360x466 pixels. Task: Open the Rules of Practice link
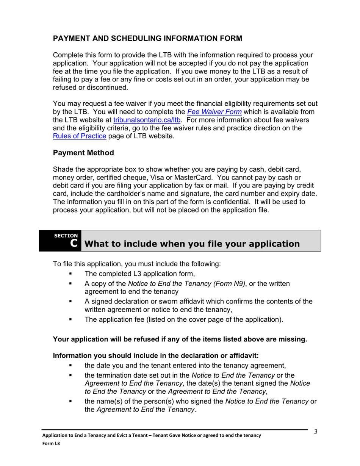[x=80, y=136]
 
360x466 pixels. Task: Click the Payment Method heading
[x=83, y=153]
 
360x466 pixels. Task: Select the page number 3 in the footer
[x=315, y=432]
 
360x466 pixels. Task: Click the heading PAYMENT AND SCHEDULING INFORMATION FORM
[x=147, y=39]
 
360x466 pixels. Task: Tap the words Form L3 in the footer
[x=51, y=443]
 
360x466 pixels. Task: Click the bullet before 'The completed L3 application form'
[x=69, y=274]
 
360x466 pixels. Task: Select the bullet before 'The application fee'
[x=69, y=319]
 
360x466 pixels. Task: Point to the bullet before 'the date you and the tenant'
[x=69, y=366]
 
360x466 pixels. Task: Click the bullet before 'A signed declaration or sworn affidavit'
[x=69, y=302]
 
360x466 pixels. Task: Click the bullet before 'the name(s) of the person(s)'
[x=69, y=402]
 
